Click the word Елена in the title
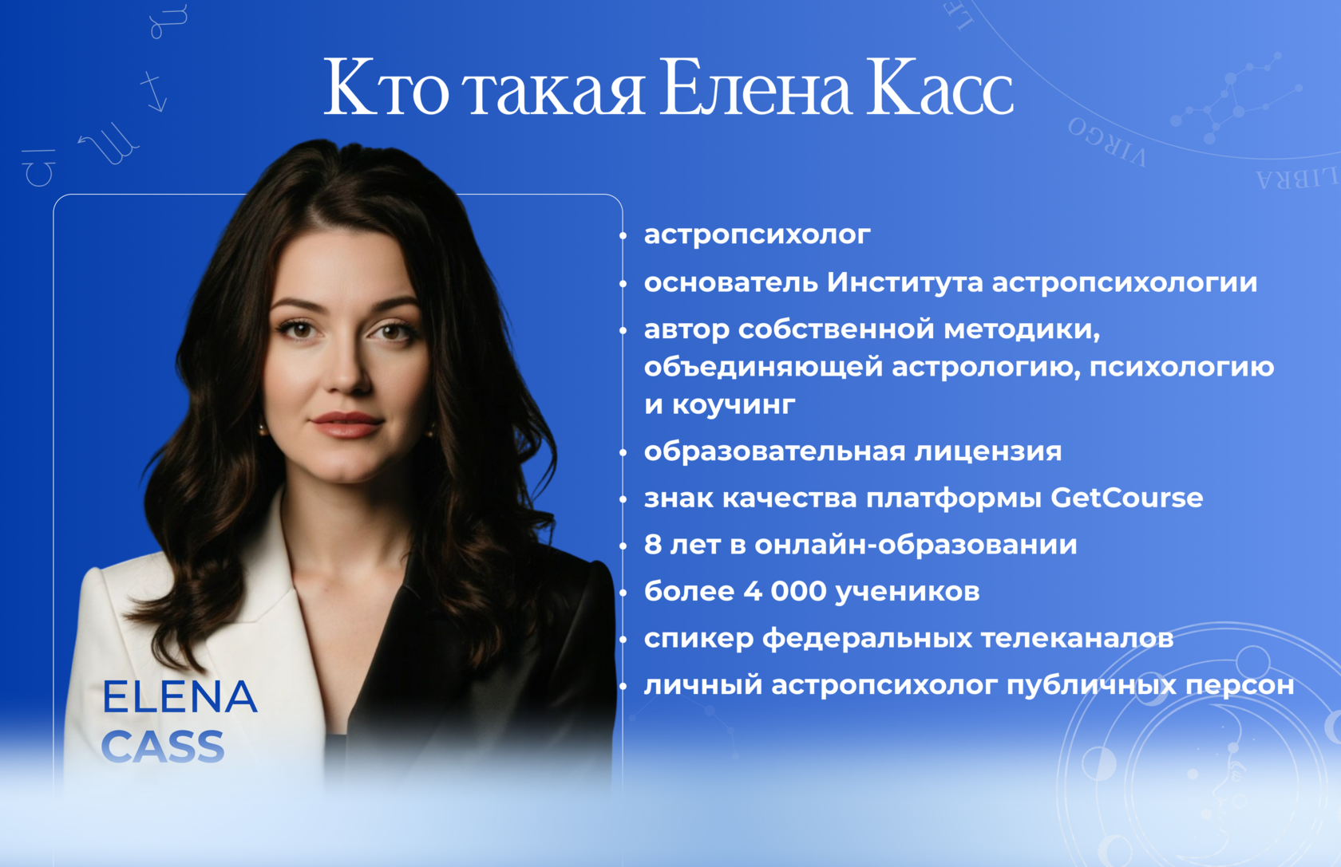tap(755, 89)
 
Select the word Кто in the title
tap(386, 89)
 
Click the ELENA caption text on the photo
tap(180, 696)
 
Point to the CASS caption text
tap(164, 746)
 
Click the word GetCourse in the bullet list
tap(1127, 498)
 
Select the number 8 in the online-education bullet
tap(653, 545)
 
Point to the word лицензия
tap(988, 451)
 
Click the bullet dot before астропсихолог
tap(623, 236)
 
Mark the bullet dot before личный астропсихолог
tap(623, 686)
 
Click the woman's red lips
tap(346, 424)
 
